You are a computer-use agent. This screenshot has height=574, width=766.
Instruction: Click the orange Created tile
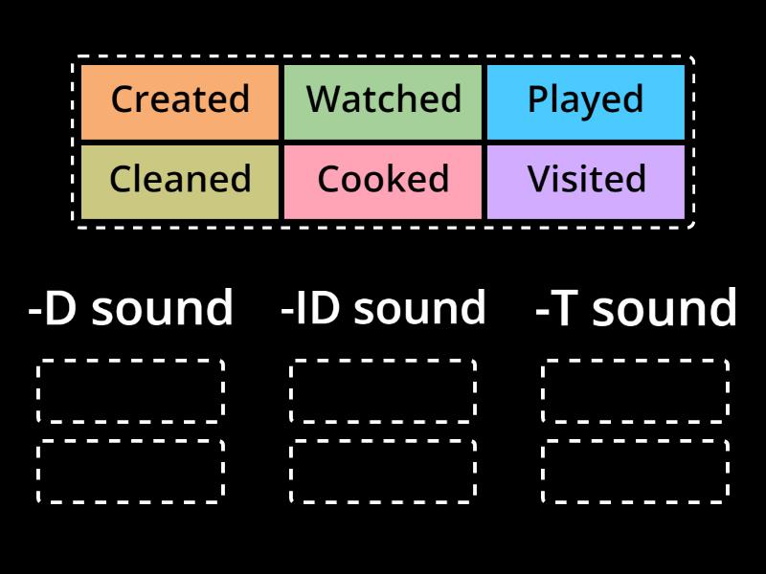coord(180,100)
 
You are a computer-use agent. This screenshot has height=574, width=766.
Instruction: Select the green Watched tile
coord(383,100)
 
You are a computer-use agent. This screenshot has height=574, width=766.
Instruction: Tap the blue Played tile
coord(586,100)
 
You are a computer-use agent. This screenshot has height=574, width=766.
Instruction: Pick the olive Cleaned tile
coord(180,180)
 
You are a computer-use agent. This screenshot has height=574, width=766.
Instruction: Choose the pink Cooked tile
coord(383,180)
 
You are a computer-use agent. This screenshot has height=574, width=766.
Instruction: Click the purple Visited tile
coord(586,180)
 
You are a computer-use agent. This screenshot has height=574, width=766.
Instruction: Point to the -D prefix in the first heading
coord(52,309)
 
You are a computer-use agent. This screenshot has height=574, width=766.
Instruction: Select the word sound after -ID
coord(420,309)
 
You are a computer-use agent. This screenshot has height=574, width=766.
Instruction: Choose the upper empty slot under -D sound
coord(131,391)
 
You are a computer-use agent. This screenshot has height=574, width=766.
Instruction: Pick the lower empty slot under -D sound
coord(131,472)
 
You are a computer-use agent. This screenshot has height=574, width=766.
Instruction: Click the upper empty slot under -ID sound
coord(383,391)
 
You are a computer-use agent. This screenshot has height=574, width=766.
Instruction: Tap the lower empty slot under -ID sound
coord(383,472)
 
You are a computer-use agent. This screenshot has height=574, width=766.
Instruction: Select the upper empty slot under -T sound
coord(635,391)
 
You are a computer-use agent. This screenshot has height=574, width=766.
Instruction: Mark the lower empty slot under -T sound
coord(635,472)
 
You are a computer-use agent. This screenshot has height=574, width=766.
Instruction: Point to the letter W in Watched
coord(323,99)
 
